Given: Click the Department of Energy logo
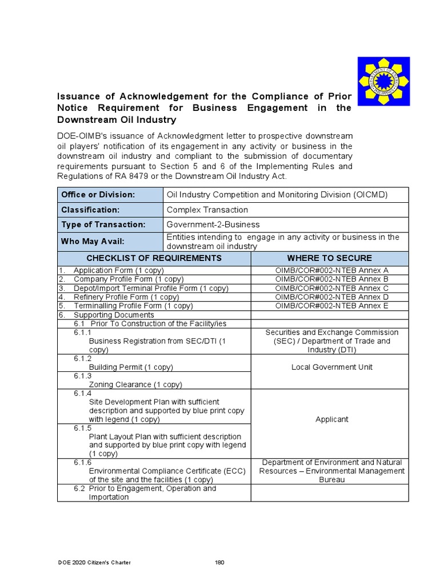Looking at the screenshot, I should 383,81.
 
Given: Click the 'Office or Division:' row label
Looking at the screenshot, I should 98,195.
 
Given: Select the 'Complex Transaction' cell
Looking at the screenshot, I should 207,210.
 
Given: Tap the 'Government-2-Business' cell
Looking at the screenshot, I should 213,225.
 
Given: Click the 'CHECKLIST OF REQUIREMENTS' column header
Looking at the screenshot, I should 154,258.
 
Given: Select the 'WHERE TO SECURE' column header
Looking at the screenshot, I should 329,258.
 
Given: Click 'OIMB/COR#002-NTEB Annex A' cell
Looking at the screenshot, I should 332,270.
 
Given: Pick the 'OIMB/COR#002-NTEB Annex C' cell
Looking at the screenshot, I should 332,288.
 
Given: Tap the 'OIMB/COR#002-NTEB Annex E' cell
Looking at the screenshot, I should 332,306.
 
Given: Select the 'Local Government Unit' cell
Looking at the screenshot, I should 332,367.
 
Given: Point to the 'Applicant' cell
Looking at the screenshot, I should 332,419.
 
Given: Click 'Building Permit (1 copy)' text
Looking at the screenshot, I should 131,367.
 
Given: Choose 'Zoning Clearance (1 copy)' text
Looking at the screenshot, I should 135,385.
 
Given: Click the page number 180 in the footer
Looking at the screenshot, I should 219,563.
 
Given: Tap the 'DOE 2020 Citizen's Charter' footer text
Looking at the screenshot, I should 94,563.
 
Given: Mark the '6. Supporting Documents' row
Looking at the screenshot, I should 106,315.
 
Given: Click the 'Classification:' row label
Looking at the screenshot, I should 90,210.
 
